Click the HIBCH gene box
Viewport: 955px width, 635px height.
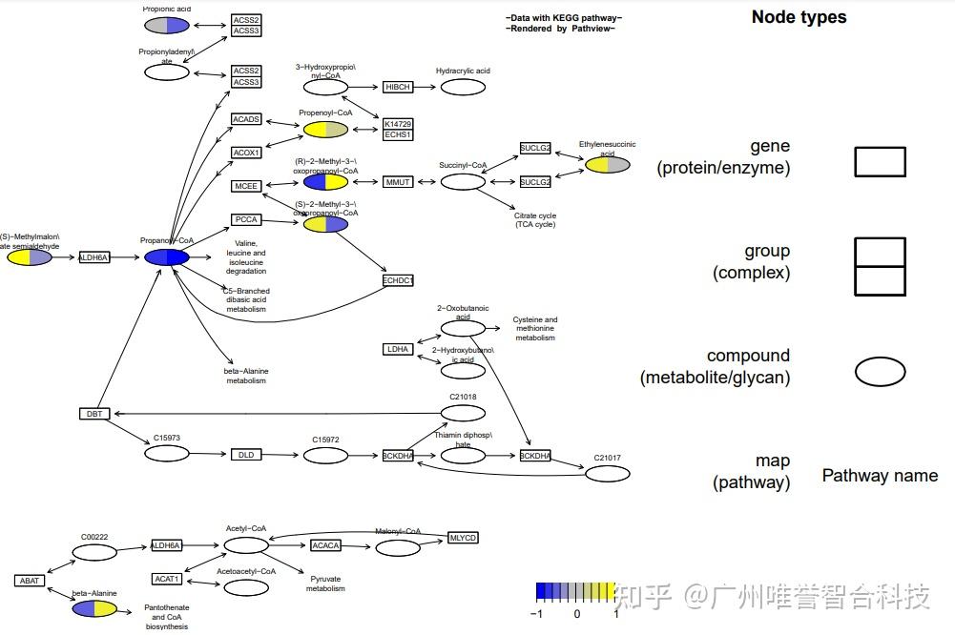(398, 87)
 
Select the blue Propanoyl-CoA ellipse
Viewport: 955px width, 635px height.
(167, 256)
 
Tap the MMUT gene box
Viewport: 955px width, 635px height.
(398, 181)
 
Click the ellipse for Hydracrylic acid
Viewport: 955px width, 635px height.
(463, 88)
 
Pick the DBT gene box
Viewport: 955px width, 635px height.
(94, 413)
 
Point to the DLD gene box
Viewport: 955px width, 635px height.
(245, 455)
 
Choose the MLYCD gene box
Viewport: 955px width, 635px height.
(463, 538)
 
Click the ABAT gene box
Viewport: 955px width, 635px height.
(30, 580)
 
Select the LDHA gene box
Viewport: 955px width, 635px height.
(398, 349)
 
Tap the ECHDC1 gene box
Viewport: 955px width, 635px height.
(398, 280)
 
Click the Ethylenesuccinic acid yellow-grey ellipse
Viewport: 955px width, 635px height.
(607, 165)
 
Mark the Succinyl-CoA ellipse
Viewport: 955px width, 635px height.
(463, 181)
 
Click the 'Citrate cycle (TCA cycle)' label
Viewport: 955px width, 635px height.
(534, 220)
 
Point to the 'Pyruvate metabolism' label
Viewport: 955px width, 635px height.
(325, 584)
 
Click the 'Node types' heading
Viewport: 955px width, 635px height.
(799, 17)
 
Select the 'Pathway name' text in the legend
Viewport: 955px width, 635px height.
(880, 475)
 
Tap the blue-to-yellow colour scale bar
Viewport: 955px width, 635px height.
(575, 591)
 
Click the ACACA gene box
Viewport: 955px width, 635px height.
(325, 545)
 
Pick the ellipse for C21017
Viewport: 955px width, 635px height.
(607, 474)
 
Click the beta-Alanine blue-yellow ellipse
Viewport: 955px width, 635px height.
(94, 608)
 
